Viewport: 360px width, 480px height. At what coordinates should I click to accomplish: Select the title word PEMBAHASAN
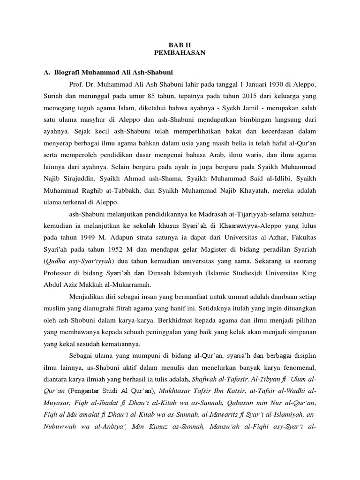click(x=180, y=53)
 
